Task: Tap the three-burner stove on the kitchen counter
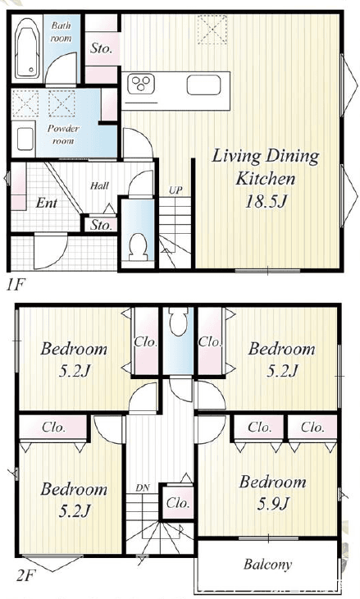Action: point(141,83)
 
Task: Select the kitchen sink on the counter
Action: point(203,85)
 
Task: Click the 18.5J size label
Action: point(266,202)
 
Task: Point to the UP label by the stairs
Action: point(175,190)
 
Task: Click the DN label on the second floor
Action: point(143,488)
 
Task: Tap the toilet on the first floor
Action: point(138,247)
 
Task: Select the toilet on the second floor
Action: point(178,321)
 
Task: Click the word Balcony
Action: point(267,565)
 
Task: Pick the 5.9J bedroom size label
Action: point(273,504)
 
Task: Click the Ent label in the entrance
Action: point(46,203)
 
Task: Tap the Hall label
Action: point(99,186)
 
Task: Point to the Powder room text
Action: point(63,135)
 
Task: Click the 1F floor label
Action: point(16,285)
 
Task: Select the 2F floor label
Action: point(25,575)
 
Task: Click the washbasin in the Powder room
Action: point(25,139)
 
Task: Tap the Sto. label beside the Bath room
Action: point(101,49)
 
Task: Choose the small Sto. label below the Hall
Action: point(101,225)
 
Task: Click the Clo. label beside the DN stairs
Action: point(178,503)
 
